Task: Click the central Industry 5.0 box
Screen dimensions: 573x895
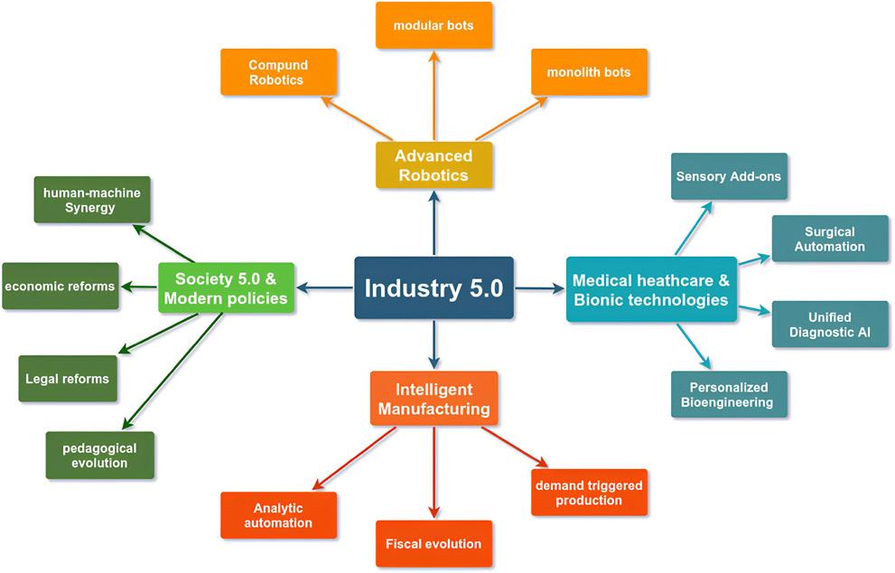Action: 434,288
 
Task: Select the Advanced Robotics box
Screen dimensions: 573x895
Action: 434,165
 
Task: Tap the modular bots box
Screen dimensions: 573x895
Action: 434,25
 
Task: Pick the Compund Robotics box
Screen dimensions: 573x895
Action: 278,72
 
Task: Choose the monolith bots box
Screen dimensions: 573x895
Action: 589,72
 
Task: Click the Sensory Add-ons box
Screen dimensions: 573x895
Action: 730,177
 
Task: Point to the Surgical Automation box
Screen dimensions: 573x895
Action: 830,240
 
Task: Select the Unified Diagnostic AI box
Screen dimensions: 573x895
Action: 830,324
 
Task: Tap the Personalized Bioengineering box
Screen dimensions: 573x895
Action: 730,394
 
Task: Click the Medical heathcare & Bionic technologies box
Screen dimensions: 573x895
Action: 650,289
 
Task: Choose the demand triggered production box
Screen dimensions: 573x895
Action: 589,493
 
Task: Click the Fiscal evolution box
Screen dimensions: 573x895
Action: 434,544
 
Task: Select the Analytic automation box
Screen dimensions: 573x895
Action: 278,515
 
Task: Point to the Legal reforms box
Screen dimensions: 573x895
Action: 68,379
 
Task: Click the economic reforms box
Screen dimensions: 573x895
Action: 60,286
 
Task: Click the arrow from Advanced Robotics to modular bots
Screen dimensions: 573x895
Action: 434,96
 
